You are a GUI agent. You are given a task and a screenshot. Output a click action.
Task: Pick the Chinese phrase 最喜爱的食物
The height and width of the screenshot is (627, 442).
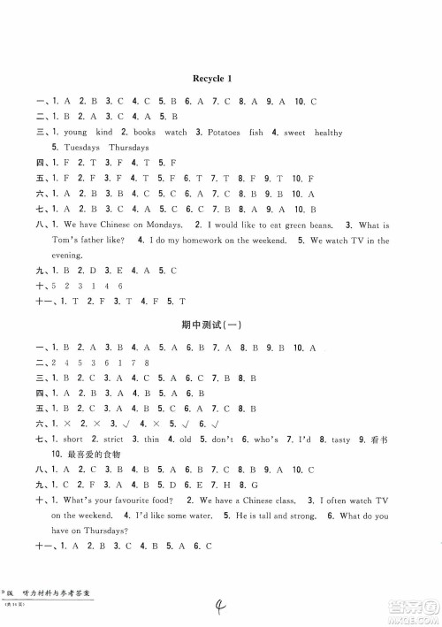pos(80,454)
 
